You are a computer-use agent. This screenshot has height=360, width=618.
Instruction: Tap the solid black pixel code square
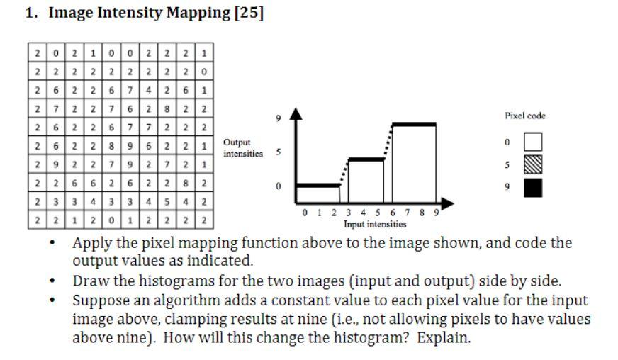532,188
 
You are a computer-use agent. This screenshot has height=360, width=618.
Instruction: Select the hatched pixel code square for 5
532,165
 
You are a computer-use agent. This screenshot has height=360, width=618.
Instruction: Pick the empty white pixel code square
532,142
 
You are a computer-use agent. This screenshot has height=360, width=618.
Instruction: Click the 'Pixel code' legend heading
524,116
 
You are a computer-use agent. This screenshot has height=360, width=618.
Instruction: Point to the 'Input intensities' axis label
375,225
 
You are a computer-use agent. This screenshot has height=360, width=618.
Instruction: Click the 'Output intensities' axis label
242,147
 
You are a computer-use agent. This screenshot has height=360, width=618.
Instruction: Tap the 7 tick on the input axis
408,212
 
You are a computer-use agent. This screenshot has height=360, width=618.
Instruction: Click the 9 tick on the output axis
279,118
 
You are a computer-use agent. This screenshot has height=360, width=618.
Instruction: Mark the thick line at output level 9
414,124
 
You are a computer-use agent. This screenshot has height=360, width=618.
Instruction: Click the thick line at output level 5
366,159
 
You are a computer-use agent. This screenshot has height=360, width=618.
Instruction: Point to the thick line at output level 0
318,186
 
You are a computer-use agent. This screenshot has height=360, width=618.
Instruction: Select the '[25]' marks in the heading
248,13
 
